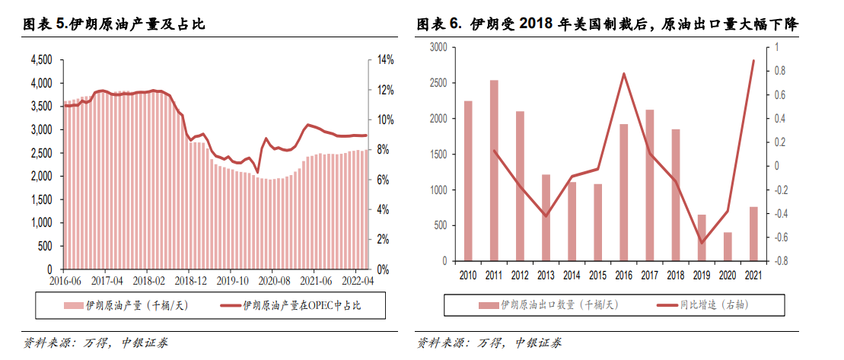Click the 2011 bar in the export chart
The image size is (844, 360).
(x=494, y=170)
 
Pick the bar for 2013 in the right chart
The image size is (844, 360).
(x=546, y=218)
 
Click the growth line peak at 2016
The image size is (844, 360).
(x=623, y=74)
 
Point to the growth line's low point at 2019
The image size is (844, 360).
(x=702, y=243)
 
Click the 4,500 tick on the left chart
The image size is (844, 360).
(x=41, y=59)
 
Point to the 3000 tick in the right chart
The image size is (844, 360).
(x=438, y=47)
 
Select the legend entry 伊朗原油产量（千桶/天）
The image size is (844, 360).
(x=126, y=306)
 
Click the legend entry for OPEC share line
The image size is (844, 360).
(x=301, y=306)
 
